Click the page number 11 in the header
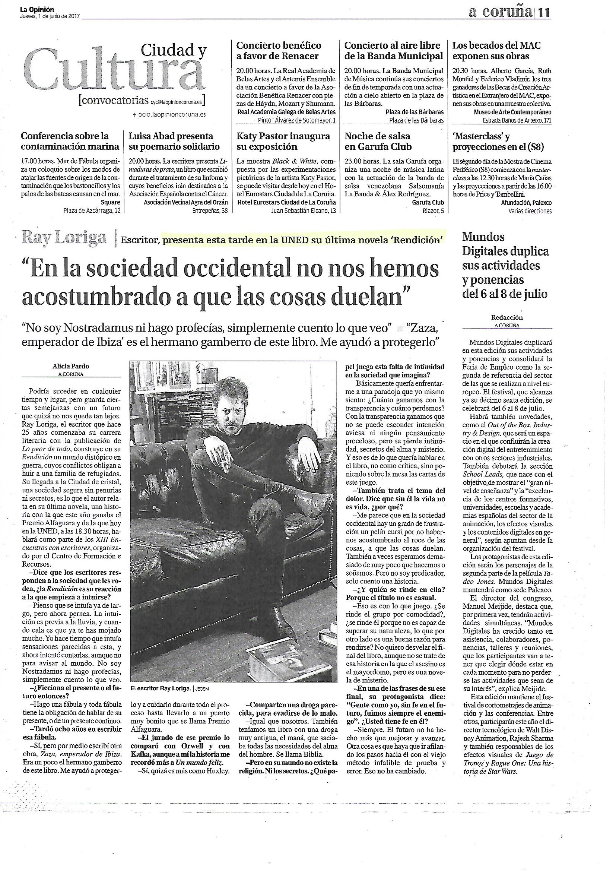point(544,13)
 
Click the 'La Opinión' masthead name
point(37,9)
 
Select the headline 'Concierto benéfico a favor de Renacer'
point(279,51)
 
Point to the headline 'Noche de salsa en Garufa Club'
point(378,141)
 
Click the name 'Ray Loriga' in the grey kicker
point(64,238)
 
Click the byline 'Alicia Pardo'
point(71,367)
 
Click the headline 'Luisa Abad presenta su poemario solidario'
point(174,141)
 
